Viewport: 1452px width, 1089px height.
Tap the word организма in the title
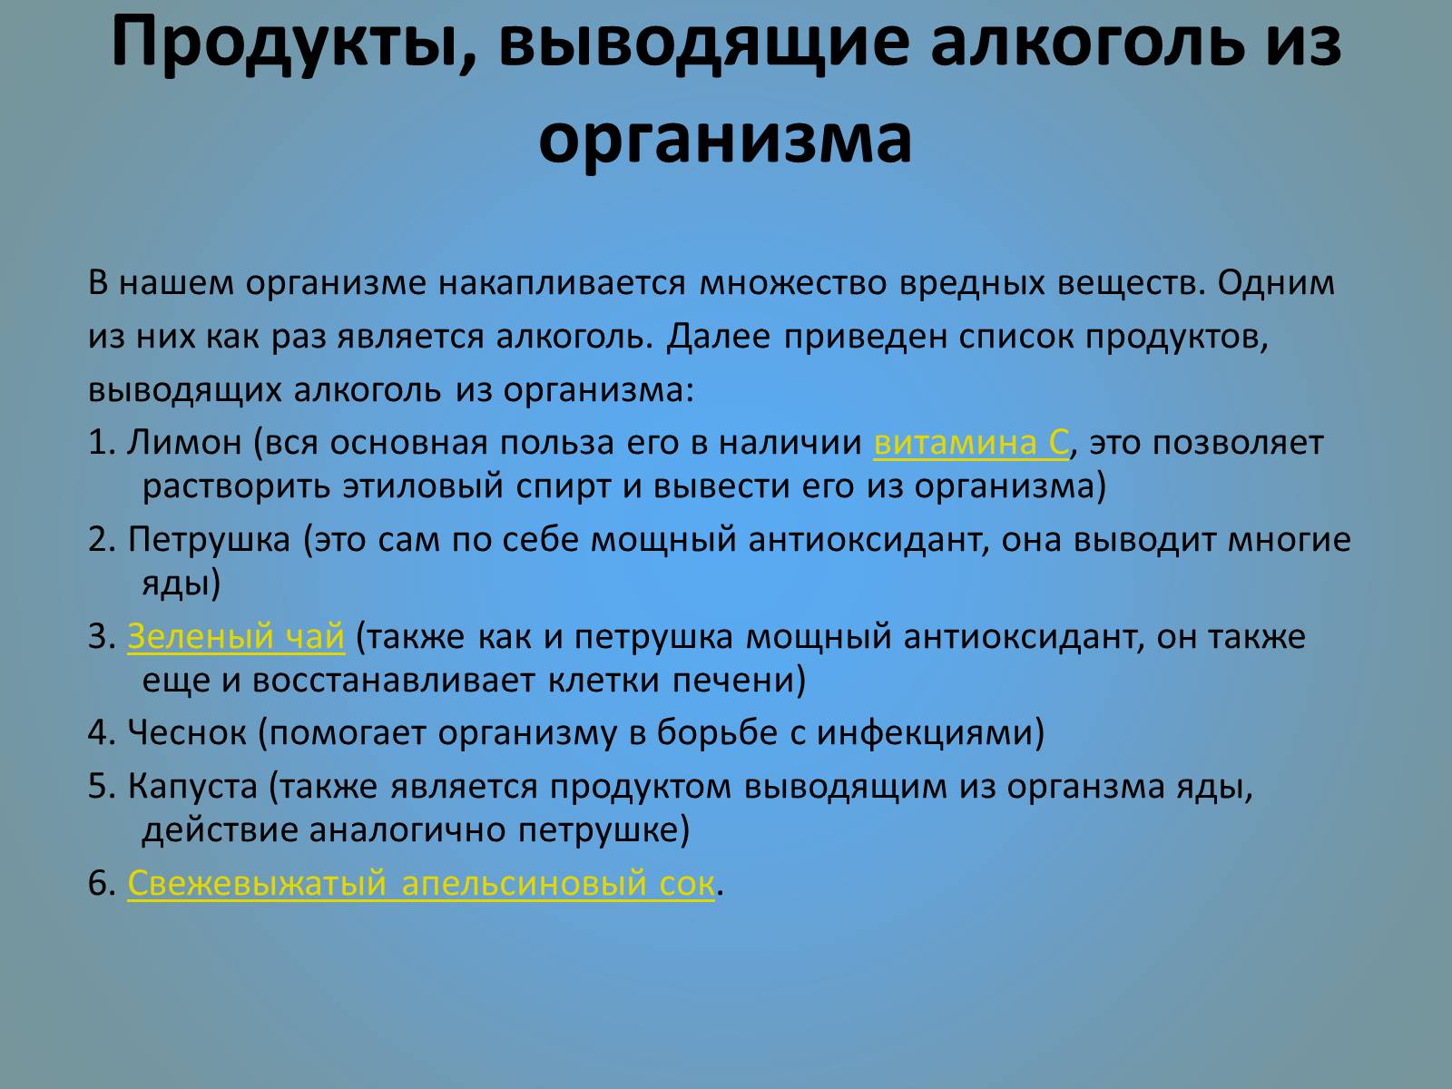(725, 140)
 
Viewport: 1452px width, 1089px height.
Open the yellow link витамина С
(971, 442)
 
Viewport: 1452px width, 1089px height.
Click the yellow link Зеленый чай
(236, 637)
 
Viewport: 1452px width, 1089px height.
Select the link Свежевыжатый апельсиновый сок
(421, 883)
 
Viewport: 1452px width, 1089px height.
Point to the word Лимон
(184, 442)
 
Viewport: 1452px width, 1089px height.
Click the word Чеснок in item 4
(187, 732)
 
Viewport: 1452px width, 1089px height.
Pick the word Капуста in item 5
(192, 788)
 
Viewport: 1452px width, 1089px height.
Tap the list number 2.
(102, 540)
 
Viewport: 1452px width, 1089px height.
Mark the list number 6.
(102, 883)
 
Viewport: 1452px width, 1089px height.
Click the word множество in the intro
(793, 283)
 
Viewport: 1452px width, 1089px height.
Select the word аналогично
(407, 830)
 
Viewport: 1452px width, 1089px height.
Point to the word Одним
(1276, 283)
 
